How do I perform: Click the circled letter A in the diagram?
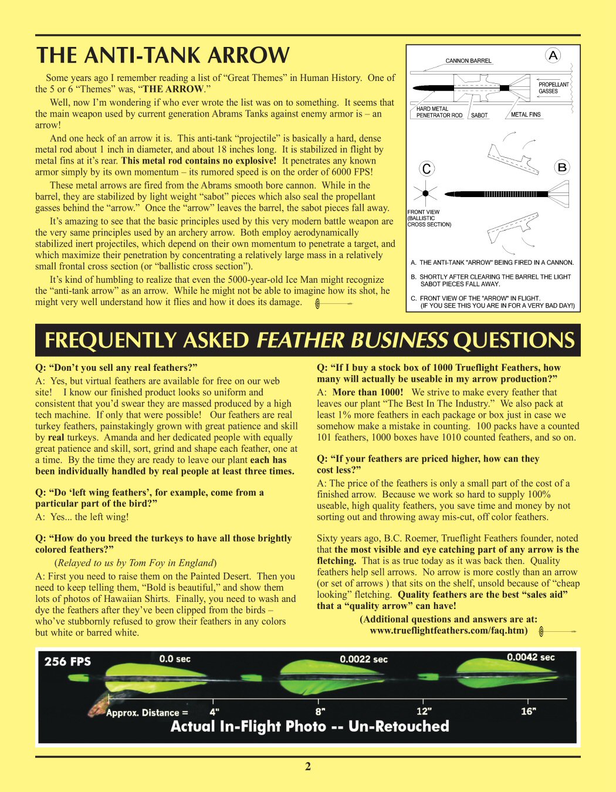point(553,56)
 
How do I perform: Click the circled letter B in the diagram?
point(562,168)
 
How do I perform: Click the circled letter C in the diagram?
point(427,169)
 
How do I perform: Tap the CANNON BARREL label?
point(468,61)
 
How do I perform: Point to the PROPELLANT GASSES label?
point(553,88)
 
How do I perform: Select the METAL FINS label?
point(526,115)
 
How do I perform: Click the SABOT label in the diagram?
point(479,116)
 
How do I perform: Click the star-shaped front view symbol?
point(425,193)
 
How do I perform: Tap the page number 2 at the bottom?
point(307,766)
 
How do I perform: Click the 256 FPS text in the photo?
point(67,661)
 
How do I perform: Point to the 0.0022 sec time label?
point(364,659)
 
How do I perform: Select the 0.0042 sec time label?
point(530,657)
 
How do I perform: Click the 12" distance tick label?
point(424,711)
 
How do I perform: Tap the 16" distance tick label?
point(528,711)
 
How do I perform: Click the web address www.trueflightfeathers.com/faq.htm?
point(448,631)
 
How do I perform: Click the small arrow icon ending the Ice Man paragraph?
point(333,303)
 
